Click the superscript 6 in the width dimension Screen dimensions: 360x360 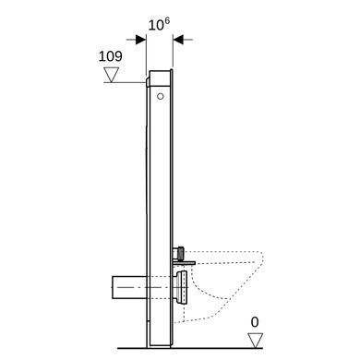(166, 21)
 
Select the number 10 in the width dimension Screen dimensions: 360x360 (156, 25)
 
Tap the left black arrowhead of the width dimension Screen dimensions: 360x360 (140, 40)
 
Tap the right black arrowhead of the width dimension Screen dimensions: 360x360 (178, 40)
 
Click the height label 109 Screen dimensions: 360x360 (111, 56)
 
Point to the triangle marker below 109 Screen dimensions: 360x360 (111, 75)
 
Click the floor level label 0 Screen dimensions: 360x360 (255, 322)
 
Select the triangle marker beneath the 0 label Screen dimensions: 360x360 (256, 341)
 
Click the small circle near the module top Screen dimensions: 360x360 (161, 96)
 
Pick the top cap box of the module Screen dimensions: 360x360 (160, 78)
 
